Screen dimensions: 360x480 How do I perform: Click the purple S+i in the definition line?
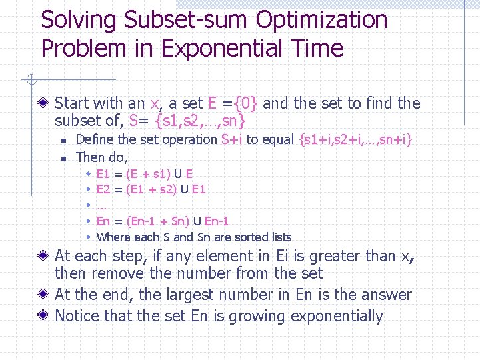(x=231, y=139)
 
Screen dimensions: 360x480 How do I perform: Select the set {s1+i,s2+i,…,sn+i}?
(x=357, y=139)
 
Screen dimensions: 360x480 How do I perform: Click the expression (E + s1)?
(x=147, y=174)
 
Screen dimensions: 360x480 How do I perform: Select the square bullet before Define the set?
(x=62, y=140)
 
